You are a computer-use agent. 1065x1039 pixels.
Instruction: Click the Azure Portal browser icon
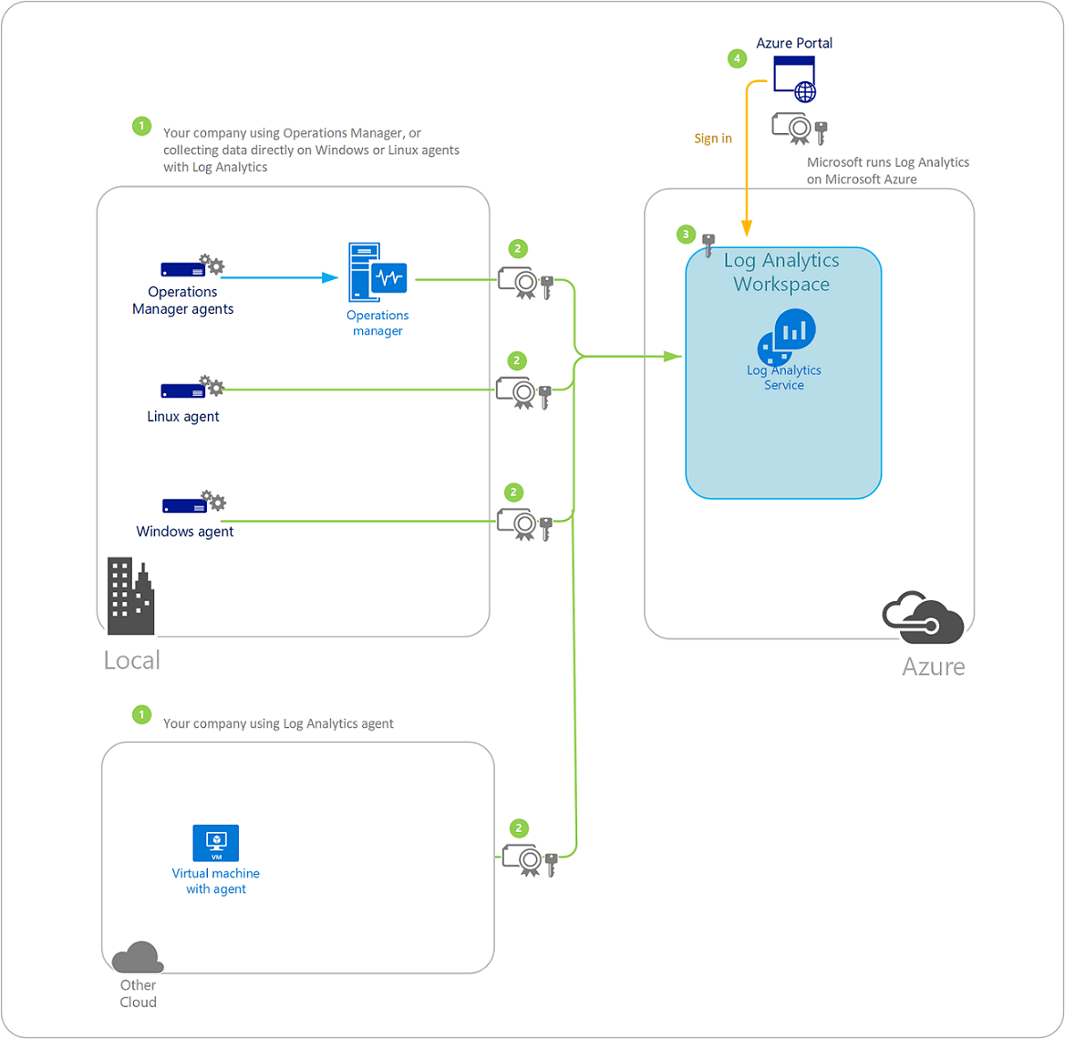click(x=794, y=78)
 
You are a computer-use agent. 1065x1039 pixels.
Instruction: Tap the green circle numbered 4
click(x=737, y=59)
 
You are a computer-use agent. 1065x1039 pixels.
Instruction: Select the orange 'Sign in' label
click(x=712, y=139)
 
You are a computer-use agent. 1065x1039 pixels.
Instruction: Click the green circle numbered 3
click(x=687, y=234)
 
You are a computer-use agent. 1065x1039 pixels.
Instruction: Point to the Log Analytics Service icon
click(x=787, y=337)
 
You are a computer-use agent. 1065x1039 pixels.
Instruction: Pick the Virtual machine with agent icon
click(x=216, y=843)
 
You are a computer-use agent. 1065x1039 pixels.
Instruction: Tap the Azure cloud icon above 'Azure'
click(x=923, y=618)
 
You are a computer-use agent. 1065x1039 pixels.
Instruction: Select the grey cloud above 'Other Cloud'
click(x=138, y=958)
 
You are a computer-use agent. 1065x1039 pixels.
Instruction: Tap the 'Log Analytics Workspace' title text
click(x=781, y=272)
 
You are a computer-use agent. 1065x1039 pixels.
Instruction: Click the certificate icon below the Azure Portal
click(x=799, y=129)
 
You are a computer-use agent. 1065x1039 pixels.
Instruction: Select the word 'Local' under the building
click(x=132, y=660)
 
